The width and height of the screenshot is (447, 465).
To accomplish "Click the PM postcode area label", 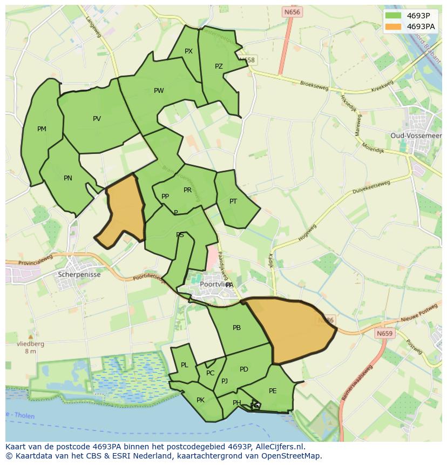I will pos(42,129).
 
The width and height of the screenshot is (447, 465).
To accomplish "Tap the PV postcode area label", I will pos(97,119).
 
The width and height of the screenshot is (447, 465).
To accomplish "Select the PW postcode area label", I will pos(159,91).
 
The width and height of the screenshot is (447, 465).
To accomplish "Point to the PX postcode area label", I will pos(188,52).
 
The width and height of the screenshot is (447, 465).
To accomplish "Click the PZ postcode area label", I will pos(219,67).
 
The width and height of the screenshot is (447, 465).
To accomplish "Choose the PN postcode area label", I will pos(68,178).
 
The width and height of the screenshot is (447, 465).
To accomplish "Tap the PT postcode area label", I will pos(233,201).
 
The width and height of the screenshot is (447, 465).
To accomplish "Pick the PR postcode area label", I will pos(187,190).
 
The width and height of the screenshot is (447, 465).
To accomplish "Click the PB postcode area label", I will pos(236,328).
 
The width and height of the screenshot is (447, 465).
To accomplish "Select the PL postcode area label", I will pos(184,365).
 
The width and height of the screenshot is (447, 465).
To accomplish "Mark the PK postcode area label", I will pos(200,400).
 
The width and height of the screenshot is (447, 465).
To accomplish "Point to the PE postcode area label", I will pos(273,391).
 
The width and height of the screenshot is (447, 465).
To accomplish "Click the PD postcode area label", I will pos(244,369).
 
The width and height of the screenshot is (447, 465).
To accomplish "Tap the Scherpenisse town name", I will pos(79,274).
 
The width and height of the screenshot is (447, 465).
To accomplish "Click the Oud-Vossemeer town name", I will pos(416,136).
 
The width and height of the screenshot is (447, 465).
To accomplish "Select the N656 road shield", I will pos(292,12).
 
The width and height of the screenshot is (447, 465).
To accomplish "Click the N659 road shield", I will pos(384,334).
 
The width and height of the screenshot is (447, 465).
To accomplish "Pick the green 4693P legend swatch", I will pos(394,16).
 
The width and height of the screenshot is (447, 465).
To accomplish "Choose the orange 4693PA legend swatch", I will pos(394,26).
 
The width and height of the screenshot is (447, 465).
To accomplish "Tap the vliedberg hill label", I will pos(30,343).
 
